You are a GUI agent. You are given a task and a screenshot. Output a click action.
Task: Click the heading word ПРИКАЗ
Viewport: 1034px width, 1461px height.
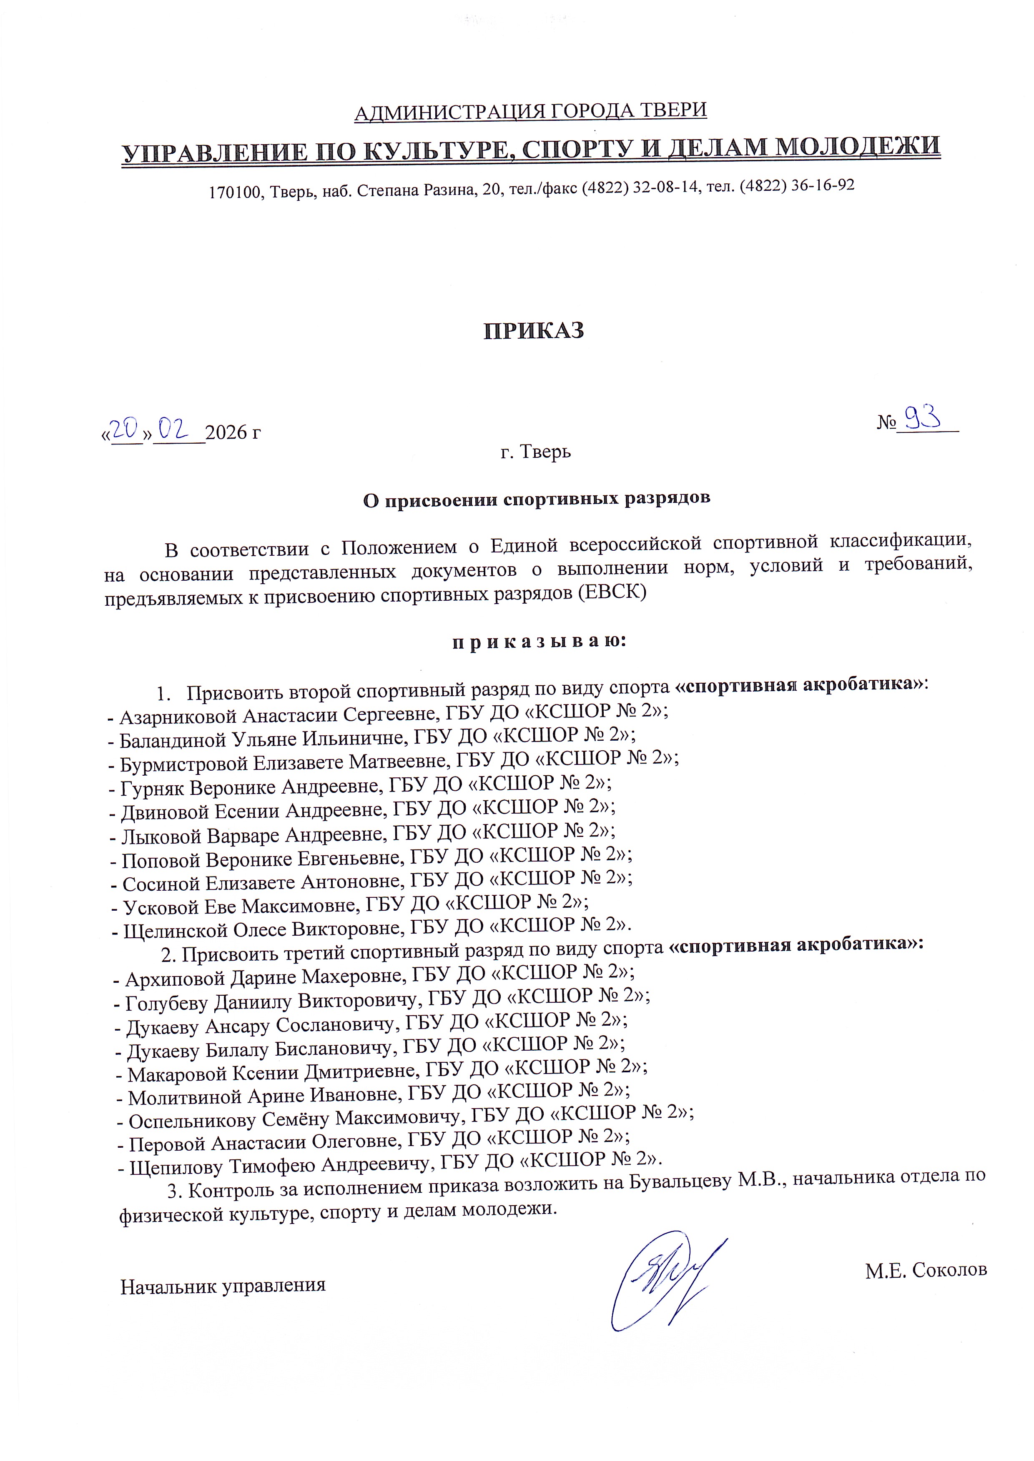point(534,331)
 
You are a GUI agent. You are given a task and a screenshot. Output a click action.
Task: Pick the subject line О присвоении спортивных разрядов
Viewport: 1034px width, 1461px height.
point(536,499)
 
